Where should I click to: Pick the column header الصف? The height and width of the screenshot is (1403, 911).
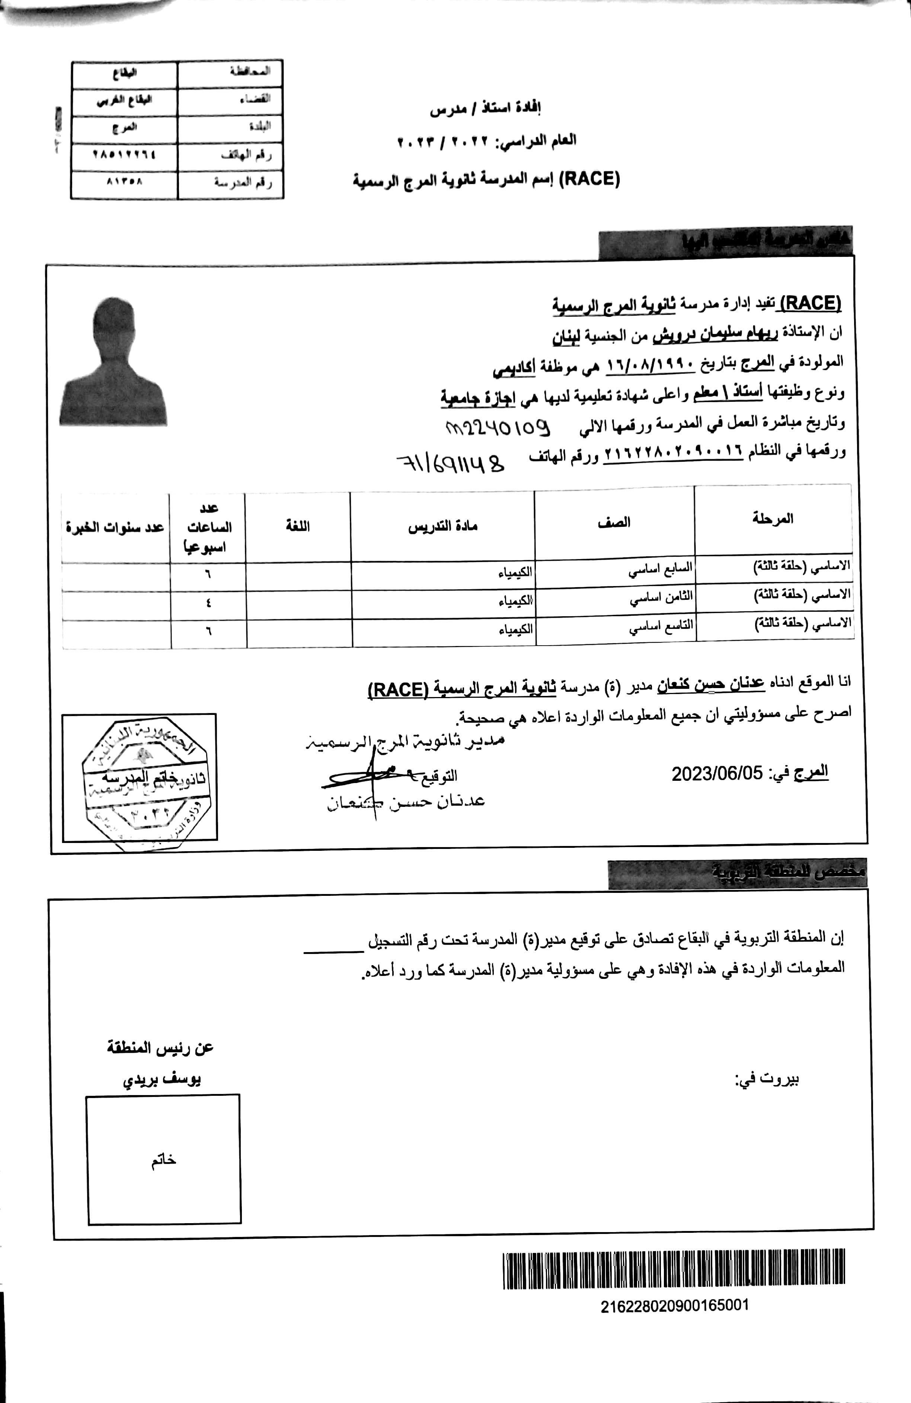point(614,522)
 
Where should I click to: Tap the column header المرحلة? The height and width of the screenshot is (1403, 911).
point(773,519)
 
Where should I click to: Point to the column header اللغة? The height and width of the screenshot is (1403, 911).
point(298,526)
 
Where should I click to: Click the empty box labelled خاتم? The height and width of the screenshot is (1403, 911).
point(164,1159)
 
